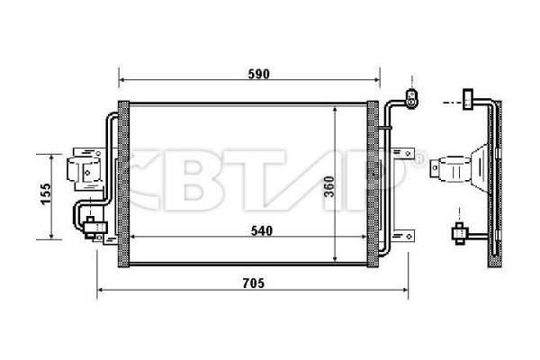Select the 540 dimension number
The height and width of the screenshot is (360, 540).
click(260, 229)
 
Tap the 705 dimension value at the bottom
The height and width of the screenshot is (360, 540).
click(255, 283)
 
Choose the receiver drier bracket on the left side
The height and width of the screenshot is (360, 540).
click(85, 167)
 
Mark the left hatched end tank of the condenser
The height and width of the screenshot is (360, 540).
click(125, 184)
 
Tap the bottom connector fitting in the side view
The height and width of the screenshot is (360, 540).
click(461, 234)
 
